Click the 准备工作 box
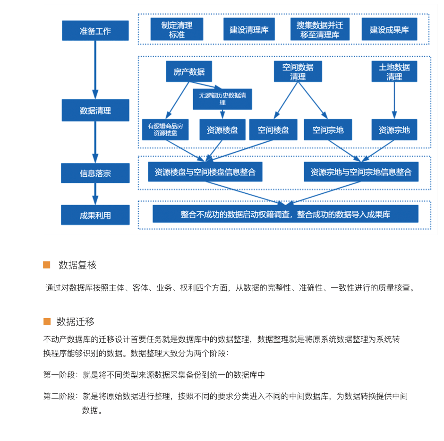click(x=95, y=31)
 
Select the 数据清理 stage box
click(x=95, y=110)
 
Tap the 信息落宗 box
click(x=95, y=173)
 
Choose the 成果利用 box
click(x=95, y=215)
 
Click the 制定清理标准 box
click(x=177, y=29)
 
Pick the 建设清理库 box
click(x=249, y=29)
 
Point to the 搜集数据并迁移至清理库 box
click(x=320, y=29)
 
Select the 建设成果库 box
click(x=389, y=29)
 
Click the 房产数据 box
click(x=189, y=71)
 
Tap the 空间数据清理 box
click(x=298, y=71)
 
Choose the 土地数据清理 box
click(x=394, y=71)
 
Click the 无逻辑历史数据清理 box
click(x=222, y=99)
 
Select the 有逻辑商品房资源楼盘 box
click(x=165, y=130)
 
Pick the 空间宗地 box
click(x=328, y=130)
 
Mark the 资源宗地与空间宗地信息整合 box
click(x=361, y=172)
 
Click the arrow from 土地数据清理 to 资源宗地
click(x=394, y=100)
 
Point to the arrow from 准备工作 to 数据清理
click(x=95, y=70)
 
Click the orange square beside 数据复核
click(x=47, y=265)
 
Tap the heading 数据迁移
click(x=75, y=322)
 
